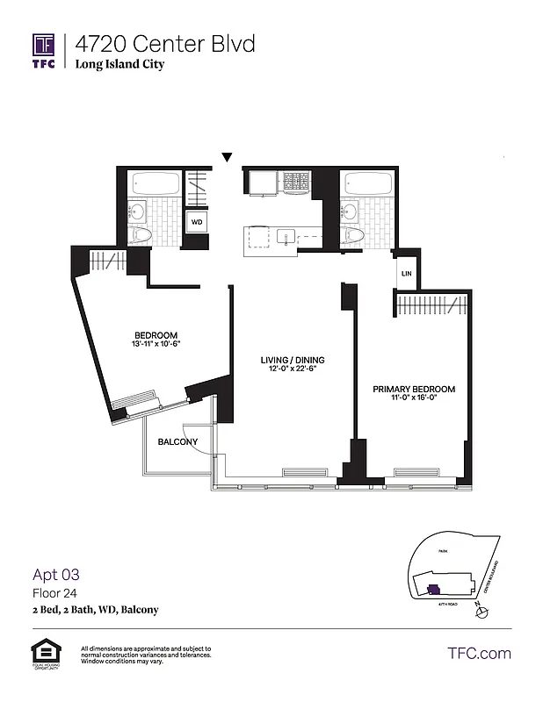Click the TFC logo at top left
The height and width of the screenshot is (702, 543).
[x=44, y=51]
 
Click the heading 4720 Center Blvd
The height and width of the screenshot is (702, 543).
[x=165, y=43]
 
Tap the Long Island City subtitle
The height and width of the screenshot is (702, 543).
[x=119, y=64]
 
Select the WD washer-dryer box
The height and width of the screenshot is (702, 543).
[x=197, y=222]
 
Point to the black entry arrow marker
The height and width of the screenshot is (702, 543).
[x=227, y=158]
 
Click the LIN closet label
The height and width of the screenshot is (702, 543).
[x=406, y=274]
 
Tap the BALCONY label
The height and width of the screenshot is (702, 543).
[x=177, y=441]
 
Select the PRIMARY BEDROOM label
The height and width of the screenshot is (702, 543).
[x=413, y=389]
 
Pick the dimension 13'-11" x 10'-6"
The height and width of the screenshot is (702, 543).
[x=156, y=344]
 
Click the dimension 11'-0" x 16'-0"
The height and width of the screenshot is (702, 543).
[x=413, y=398]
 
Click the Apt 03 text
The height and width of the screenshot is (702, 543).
[x=56, y=575]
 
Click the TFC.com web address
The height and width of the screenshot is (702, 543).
[x=479, y=653]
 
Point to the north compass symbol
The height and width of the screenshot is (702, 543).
[x=480, y=612]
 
